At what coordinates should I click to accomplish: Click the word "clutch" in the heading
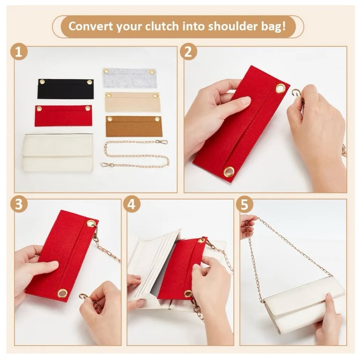[x=162, y=26]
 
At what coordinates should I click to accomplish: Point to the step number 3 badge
[x=19, y=204]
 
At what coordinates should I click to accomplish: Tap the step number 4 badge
[x=131, y=204]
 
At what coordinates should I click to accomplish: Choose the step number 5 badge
[x=244, y=204]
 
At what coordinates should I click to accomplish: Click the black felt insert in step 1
[x=66, y=89]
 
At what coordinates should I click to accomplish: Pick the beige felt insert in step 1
[x=133, y=102]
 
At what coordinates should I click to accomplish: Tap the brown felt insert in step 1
[x=134, y=126]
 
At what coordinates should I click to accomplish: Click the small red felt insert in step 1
[x=63, y=116]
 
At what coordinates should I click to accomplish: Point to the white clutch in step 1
[x=58, y=153]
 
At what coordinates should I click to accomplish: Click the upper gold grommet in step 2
[x=280, y=89]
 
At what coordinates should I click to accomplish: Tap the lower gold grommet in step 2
[x=228, y=171]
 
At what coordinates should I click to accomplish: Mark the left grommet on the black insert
[x=42, y=82]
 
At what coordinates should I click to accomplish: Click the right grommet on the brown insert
[x=157, y=119]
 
